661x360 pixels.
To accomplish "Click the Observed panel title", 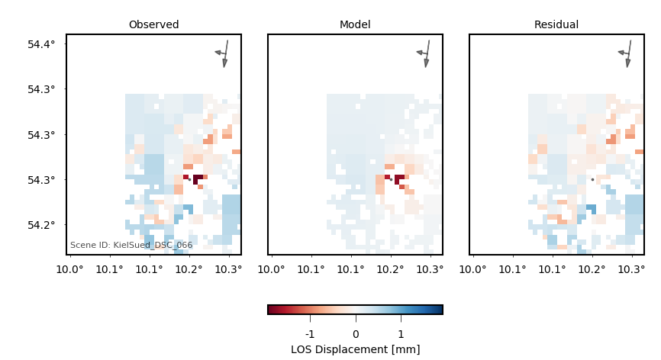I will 153,25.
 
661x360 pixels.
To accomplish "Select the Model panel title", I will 355,25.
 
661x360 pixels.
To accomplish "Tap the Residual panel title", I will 556,25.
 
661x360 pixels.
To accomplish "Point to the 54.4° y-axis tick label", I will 41,44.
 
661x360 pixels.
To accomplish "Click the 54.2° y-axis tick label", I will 41,225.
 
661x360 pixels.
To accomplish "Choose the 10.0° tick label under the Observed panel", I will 70,270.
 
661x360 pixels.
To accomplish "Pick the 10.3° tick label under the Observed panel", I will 228,270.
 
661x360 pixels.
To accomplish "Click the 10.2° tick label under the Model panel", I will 391,270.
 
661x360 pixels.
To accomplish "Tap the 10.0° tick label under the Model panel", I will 272,270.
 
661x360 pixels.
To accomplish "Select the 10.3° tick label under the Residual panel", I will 631,270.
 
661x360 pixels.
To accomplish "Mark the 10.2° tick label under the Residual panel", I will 592,270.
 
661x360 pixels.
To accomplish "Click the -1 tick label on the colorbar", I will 310,334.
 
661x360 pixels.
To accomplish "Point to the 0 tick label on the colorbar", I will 355,334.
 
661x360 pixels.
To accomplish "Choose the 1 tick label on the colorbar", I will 401,334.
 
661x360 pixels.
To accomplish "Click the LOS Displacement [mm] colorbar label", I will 355,349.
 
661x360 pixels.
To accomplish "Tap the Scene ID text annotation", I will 131,246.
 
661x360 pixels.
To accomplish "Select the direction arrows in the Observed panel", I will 224,53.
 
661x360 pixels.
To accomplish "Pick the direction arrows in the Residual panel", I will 627,53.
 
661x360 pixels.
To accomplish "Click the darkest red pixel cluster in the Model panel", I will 399,178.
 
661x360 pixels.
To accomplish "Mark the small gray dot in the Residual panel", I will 592,180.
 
